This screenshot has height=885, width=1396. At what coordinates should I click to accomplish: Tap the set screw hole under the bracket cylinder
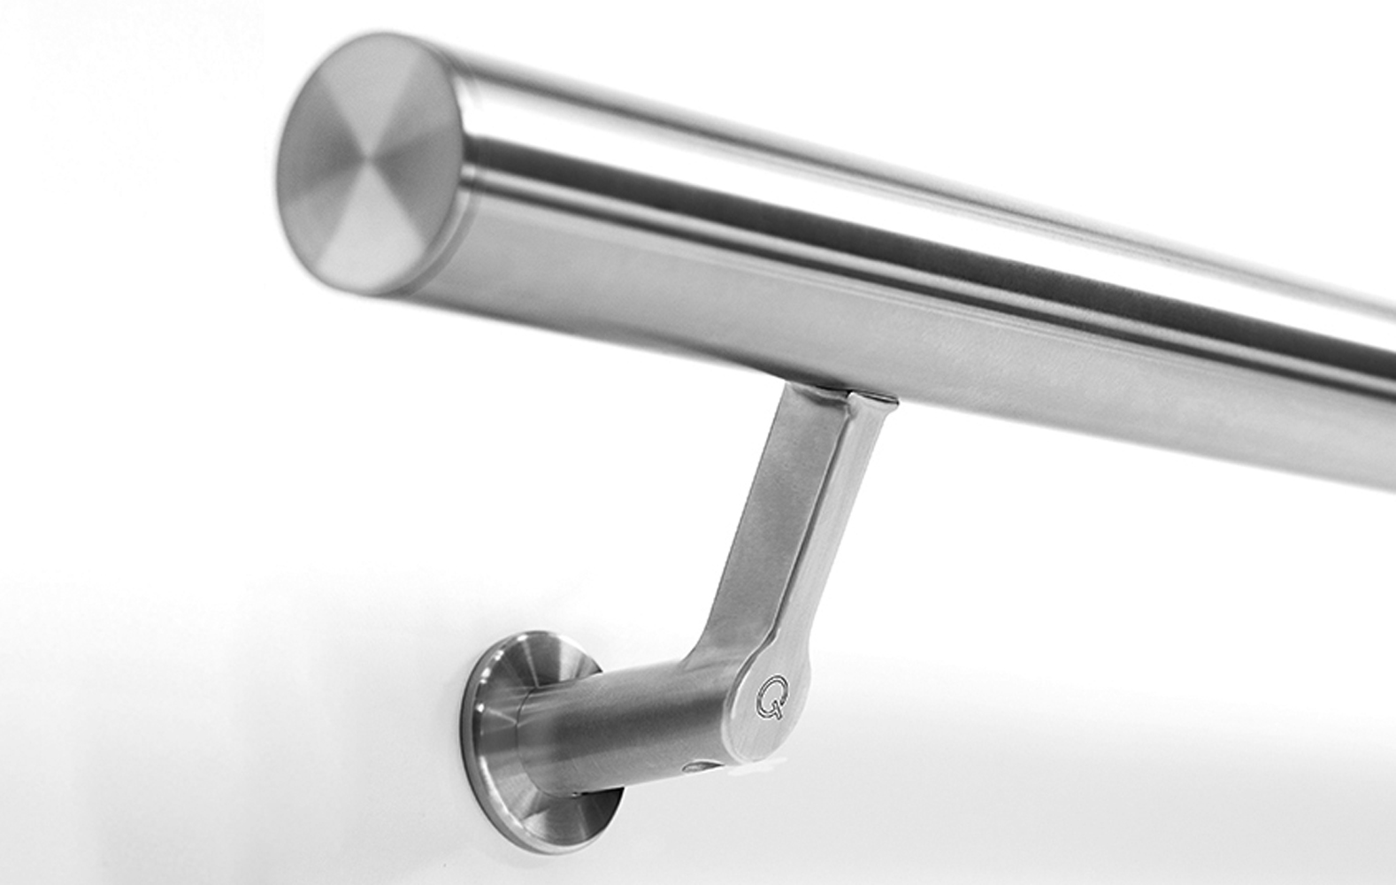699,766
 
